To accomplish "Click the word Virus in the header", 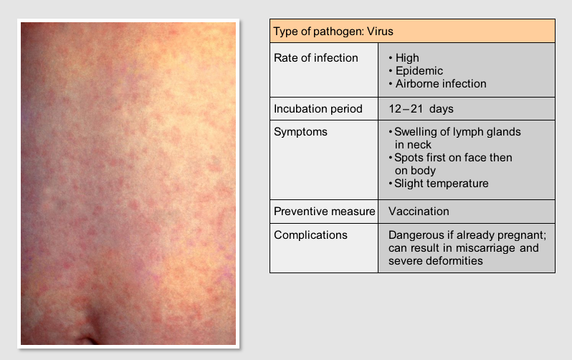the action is pyautogui.click(x=380, y=32).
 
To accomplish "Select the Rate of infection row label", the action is pyautogui.click(x=316, y=57).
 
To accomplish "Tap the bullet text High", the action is pyautogui.click(x=407, y=58).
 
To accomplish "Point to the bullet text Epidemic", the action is pyautogui.click(x=419, y=71).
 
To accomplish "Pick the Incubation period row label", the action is pyautogui.click(x=318, y=109).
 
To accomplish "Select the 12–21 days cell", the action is pyautogui.click(x=421, y=109).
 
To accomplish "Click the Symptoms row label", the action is pyautogui.click(x=300, y=132).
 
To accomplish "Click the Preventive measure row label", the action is pyautogui.click(x=324, y=212).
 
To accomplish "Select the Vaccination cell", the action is pyautogui.click(x=419, y=212).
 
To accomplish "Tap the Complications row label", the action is pyautogui.click(x=310, y=235).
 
